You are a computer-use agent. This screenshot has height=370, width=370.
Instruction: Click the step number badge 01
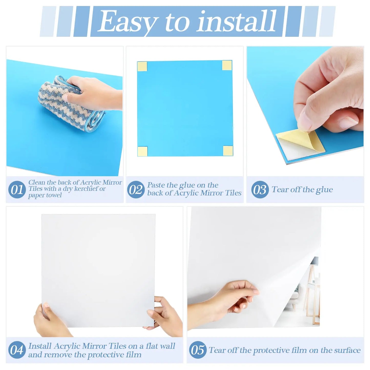(x=17, y=190)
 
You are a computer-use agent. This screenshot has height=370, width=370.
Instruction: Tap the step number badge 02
(x=136, y=190)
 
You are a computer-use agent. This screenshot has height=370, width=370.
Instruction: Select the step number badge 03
(x=260, y=190)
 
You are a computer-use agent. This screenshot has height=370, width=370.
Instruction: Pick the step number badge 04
(x=17, y=350)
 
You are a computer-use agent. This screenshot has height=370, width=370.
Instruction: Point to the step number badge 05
(x=198, y=350)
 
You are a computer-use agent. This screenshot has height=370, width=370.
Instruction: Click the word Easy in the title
(x=126, y=22)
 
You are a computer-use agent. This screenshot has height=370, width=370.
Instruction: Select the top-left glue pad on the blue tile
(x=142, y=66)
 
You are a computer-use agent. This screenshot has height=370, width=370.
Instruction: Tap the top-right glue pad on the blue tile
(x=227, y=66)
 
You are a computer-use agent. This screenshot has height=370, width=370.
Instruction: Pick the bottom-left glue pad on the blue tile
(x=142, y=151)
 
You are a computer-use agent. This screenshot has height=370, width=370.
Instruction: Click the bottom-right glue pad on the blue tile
(x=228, y=151)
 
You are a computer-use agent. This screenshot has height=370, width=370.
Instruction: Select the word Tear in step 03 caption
(x=280, y=190)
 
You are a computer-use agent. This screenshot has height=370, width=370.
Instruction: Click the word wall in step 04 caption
(x=168, y=346)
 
